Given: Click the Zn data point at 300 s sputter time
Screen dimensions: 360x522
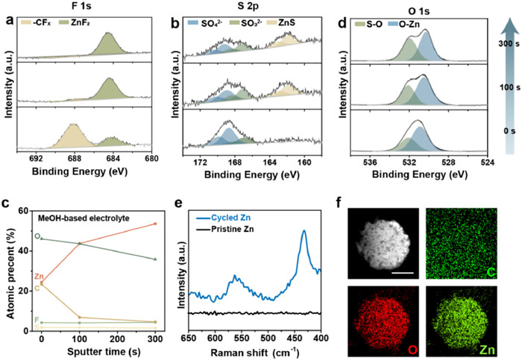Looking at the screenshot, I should (x=155, y=224).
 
